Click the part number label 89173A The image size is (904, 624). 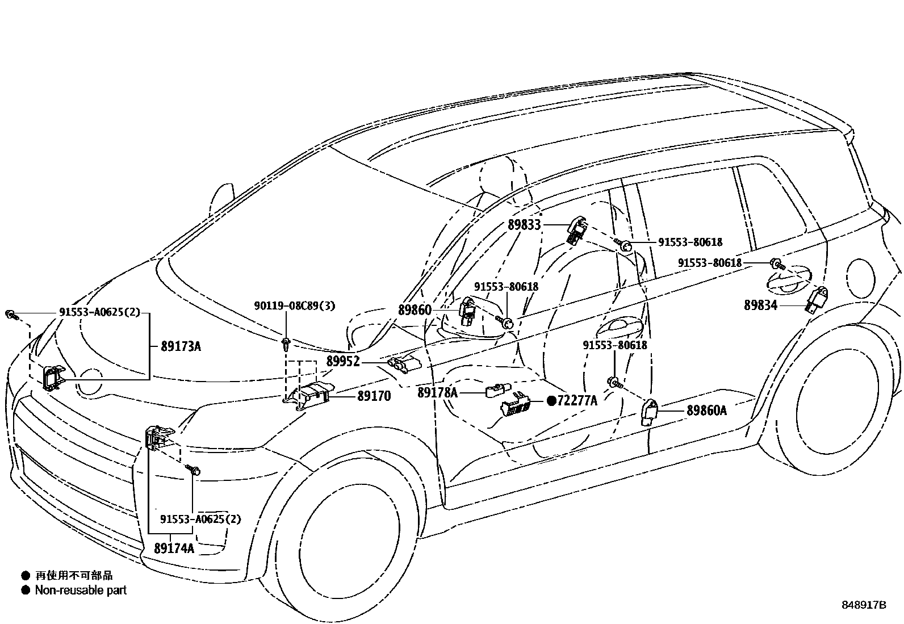tap(181, 346)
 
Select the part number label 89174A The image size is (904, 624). tap(174, 548)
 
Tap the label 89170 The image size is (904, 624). tap(374, 396)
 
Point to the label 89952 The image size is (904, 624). tap(343, 361)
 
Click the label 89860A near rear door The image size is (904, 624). tap(706, 410)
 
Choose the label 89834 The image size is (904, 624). tap(760, 305)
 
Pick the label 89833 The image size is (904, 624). tap(524, 225)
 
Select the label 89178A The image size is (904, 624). tap(437, 392)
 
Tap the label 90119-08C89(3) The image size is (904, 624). tap(294, 306)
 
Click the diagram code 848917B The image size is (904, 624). tap(864, 605)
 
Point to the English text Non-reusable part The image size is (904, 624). tap(80, 591)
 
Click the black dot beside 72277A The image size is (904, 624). tap(551, 401)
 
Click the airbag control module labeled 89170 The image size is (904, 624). tap(311, 393)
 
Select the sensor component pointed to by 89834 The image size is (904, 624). tap(816, 299)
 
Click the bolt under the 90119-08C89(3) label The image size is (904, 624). tap(286, 342)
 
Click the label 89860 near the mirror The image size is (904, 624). tap(415, 310)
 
